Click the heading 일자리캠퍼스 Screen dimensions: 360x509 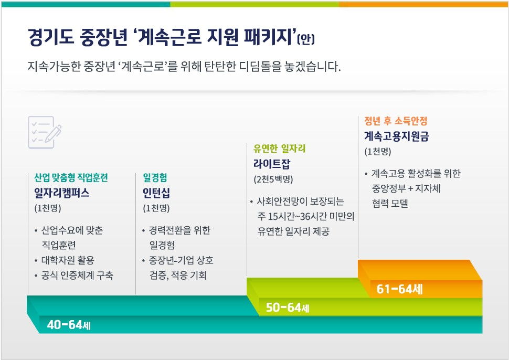coord(62,193)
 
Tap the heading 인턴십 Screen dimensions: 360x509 coord(156,193)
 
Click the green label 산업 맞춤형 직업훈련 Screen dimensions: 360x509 coord(71,177)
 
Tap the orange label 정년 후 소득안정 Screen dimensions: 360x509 coord(396,121)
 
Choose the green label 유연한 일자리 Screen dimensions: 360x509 coord(279,149)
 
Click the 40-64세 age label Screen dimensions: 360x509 coord(69,325)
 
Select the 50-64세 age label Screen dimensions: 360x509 coord(287,308)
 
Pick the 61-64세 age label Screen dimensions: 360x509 coord(400,289)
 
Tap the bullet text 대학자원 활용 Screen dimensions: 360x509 coord(68,260)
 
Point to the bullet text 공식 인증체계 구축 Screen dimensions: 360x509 coord(77,275)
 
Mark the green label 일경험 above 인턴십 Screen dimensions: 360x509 coord(155,177)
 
